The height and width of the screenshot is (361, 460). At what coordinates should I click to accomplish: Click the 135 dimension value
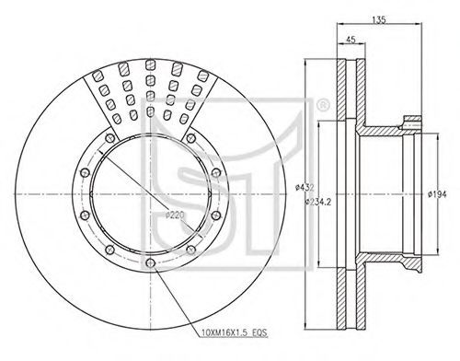[x=379, y=20]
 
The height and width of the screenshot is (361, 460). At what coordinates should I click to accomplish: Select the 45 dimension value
[x=351, y=40]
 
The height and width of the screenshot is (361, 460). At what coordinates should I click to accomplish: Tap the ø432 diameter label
[x=305, y=188]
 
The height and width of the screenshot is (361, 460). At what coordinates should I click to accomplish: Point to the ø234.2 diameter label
[x=318, y=202]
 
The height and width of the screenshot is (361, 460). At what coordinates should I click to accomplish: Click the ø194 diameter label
[x=437, y=194]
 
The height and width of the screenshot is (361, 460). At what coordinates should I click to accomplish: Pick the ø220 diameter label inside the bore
[x=175, y=215]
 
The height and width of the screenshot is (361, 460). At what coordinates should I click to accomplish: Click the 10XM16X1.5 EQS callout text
[x=235, y=332]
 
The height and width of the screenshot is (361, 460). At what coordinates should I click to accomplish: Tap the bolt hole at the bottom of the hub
[x=150, y=262]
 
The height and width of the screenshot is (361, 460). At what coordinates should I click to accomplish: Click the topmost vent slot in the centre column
[x=150, y=65]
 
